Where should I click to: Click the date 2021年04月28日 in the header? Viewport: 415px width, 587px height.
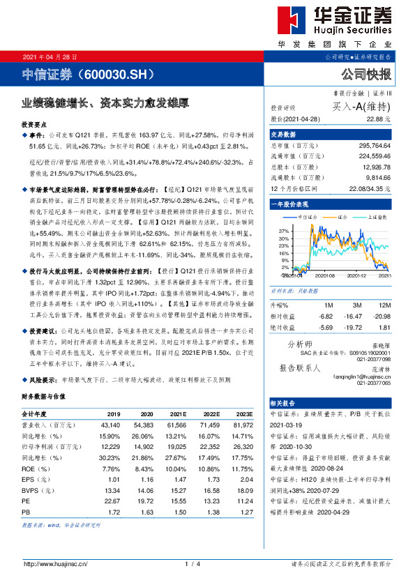(x=50, y=56)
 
